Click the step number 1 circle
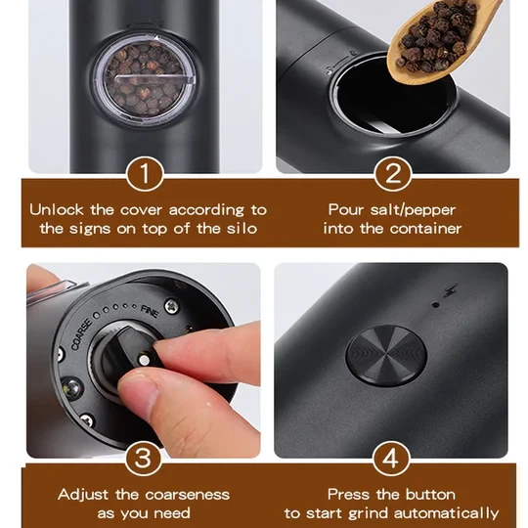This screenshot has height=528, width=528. click(x=145, y=176)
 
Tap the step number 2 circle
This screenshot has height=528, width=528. click(x=393, y=176)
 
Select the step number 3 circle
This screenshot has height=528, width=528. click(x=145, y=459)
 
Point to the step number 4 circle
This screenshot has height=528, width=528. click(x=393, y=459)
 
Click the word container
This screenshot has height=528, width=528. click(x=427, y=229)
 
